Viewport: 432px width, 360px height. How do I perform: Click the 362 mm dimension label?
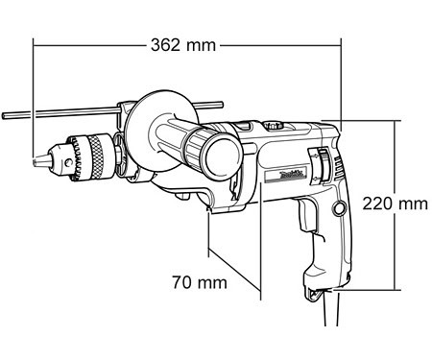[183, 45]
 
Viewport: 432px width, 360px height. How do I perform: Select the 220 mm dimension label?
[395, 204]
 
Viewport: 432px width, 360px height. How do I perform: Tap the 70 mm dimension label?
[200, 282]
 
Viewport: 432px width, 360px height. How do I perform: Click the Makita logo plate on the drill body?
[286, 177]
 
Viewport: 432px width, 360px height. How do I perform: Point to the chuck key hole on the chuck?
[68, 163]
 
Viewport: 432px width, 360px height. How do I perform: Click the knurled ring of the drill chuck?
[97, 157]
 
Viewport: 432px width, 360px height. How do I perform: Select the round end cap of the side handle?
[223, 156]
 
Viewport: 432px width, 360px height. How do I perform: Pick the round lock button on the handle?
[339, 209]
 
